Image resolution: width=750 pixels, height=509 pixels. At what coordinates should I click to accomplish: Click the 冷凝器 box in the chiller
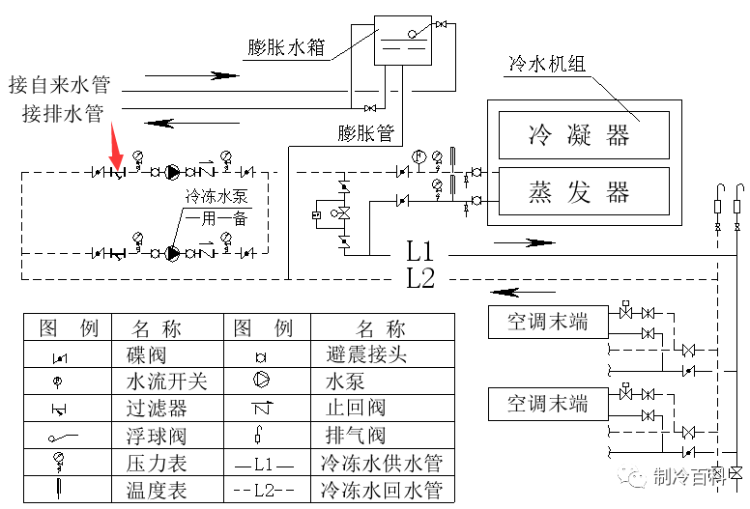583,134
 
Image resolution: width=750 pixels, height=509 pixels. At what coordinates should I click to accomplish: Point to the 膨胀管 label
366,133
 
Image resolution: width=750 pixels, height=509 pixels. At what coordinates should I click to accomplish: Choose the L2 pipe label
420,280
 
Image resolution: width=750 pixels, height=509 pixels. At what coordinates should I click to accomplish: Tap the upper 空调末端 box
548,321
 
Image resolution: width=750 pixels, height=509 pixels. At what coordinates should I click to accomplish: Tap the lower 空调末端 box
548,402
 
